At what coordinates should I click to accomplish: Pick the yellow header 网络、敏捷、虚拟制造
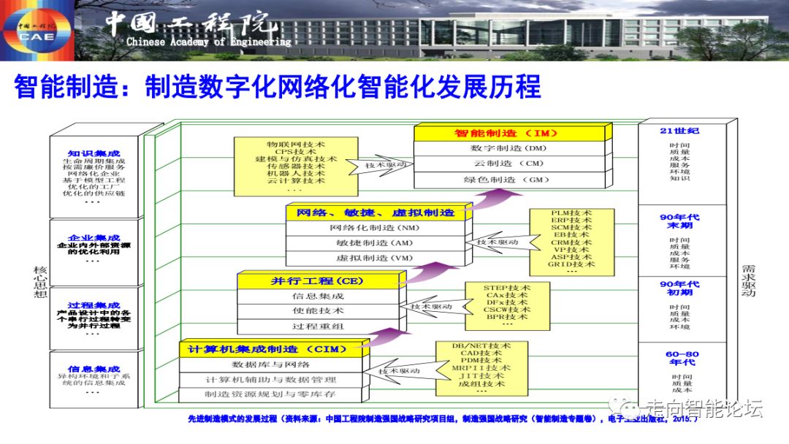(x=376, y=213)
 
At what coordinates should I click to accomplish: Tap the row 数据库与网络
(x=271, y=364)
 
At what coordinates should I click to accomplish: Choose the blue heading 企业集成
(x=94, y=238)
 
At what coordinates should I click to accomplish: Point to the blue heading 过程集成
(x=94, y=306)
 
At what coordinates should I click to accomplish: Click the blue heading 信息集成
(x=94, y=369)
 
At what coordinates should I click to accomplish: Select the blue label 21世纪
(x=679, y=131)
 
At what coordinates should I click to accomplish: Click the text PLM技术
(x=572, y=214)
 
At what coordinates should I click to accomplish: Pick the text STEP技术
(x=506, y=288)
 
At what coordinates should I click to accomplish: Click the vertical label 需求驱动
(x=748, y=280)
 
